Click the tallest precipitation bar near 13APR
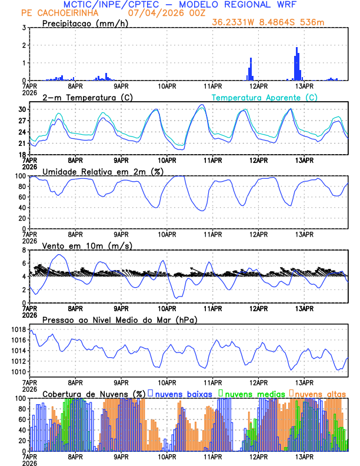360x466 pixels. pos(296,49)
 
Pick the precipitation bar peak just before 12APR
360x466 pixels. pos(251,59)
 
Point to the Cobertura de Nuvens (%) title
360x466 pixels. pos(94,393)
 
